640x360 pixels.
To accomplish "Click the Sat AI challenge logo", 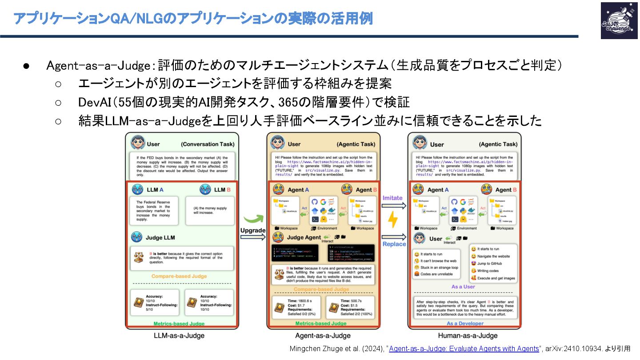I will click(x=618, y=20).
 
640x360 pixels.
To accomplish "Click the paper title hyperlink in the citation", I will click(x=464, y=349).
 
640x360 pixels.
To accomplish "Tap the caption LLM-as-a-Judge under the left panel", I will click(x=179, y=336).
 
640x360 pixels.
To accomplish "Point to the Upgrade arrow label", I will click(x=252, y=230).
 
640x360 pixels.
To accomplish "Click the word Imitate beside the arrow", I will click(x=392, y=198).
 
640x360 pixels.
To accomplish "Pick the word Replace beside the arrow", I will click(x=394, y=244).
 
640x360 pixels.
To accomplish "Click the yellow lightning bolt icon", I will click(x=393, y=220).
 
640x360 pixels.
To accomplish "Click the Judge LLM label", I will click(x=160, y=237).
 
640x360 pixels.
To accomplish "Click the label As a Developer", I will click(x=465, y=324).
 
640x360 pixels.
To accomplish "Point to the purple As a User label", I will click(x=463, y=287).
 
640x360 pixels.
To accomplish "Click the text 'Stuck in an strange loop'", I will click(x=439, y=268).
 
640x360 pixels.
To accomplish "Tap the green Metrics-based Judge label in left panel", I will click(x=179, y=324).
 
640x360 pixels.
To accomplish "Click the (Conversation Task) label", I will click(x=208, y=144).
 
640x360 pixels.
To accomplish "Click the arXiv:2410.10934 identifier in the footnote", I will click(x=572, y=349).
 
